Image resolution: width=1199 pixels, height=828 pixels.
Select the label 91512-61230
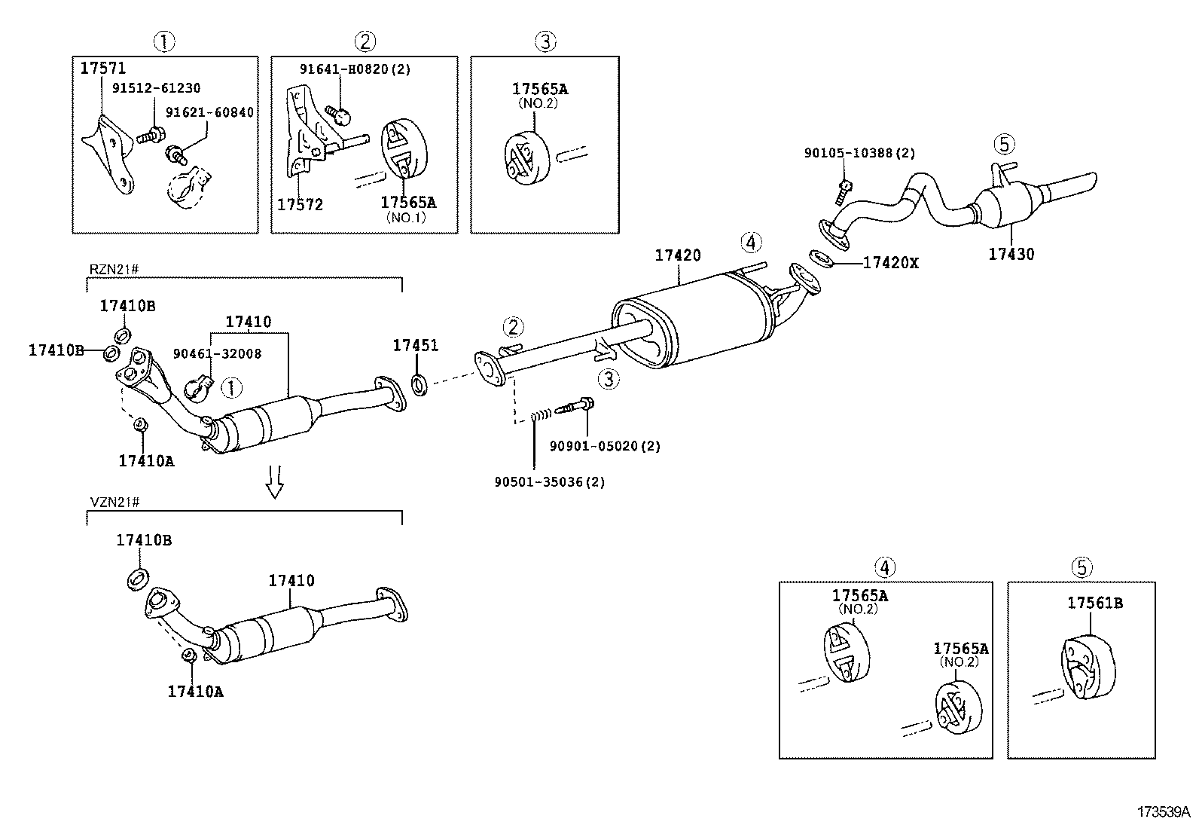pyautogui.click(x=157, y=89)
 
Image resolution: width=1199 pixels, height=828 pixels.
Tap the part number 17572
pyautogui.click(x=300, y=204)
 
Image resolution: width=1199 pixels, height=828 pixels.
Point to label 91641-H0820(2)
pyautogui.click(x=355, y=69)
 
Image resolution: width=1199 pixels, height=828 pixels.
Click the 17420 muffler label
pyautogui.click(x=677, y=256)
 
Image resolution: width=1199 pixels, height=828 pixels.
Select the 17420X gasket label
pyautogui.click(x=890, y=263)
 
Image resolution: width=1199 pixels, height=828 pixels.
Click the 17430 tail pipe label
pyautogui.click(x=1011, y=255)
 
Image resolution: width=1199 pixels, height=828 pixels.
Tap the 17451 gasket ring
pyautogui.click(x=419, y=386)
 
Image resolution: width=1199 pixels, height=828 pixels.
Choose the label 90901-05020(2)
pyautogui.click(x=605, y=446)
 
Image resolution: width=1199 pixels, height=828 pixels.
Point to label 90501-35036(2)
pyautogui.click(x=550, y=481)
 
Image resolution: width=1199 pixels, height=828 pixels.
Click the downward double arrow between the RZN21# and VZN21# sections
pyautogui.click(x=275, y=481)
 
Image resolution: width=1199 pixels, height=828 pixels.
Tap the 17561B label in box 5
pyautogui.click(x=1094, y=603)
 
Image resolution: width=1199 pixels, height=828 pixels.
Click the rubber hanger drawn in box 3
pyautogui.click(x=524, y=156)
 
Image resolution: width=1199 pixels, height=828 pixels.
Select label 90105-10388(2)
pyautogui.click(x=859, y=153)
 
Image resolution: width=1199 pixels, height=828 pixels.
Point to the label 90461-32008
pyautogui.click(x=217, y=353)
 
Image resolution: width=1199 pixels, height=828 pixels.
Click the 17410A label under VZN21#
pyautogui.click(x=195, y=691)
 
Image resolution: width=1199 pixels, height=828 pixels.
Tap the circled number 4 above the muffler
pyautogui.click(x=750, y=243)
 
